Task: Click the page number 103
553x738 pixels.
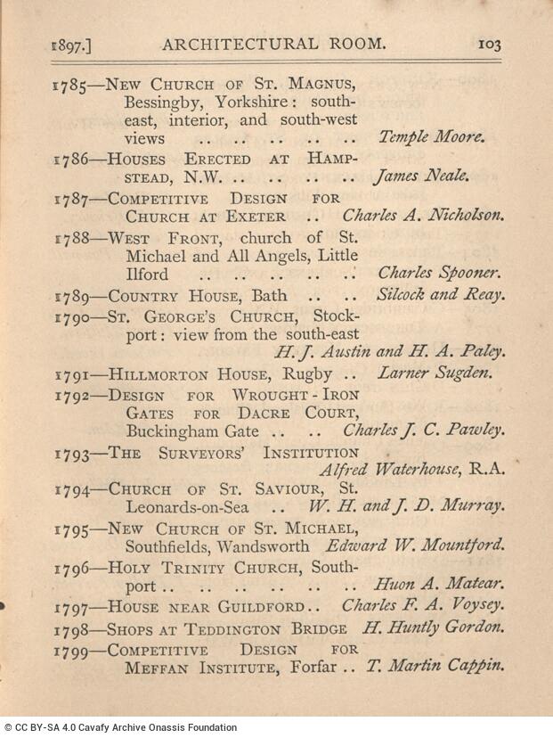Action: click(491, 43)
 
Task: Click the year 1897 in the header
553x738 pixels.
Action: click(72, 44)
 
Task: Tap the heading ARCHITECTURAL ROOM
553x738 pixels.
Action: click(272, 43)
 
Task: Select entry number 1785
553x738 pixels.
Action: click(69, 86)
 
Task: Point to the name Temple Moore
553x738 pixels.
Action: click(432, 137)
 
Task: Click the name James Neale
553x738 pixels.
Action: click(421, 176)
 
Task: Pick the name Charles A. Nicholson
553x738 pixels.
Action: click(423, 216)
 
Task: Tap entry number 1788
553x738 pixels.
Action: click(69, 239)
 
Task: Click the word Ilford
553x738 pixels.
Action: click(146, 275)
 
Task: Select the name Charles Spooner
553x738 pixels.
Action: click(438, 275)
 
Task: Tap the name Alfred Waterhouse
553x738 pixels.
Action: click(391, 471)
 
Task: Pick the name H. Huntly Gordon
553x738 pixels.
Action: click(434, 627)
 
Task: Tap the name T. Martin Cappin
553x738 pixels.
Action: click(436, 665)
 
